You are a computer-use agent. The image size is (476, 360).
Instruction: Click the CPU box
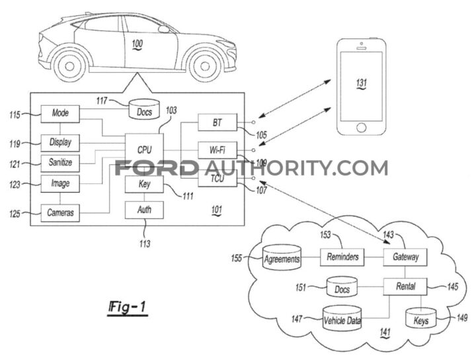click(x=145, y=150)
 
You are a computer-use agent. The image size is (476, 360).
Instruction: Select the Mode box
click(x=60, y=113)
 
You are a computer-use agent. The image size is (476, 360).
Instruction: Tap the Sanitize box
click(x=60, y=161)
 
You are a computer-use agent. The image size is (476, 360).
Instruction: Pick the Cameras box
click(x=60, y=212)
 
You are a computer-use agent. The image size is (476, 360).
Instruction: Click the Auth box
click(x=144, y=210)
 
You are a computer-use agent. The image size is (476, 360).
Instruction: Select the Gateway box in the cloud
click(x=405, y=256)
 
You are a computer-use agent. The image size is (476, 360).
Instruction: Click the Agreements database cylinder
click(x=282, y=259)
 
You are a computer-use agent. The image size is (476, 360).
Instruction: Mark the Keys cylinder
click(x=420, y=320)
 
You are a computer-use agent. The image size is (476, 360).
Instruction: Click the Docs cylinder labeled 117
click(x=144, y=111)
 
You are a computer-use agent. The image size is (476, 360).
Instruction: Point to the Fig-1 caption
click(x=128, y=308)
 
